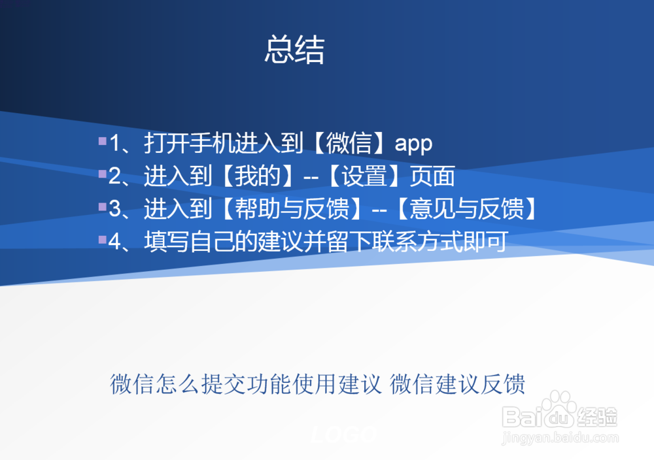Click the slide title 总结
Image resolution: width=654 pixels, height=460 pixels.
(294, 50)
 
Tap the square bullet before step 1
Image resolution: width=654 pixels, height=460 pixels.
(102, 140)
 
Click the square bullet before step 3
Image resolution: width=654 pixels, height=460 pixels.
(102, 207)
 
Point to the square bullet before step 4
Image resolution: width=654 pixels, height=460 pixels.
(102, 240)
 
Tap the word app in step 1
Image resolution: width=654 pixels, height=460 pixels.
(413, 144)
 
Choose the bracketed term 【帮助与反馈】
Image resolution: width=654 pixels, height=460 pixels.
(290, 210)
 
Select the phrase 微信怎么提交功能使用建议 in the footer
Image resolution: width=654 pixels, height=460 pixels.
(245, 384)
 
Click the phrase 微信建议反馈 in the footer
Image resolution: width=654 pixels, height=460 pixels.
(458, 384)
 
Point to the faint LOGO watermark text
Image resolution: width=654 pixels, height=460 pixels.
(343, 433)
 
